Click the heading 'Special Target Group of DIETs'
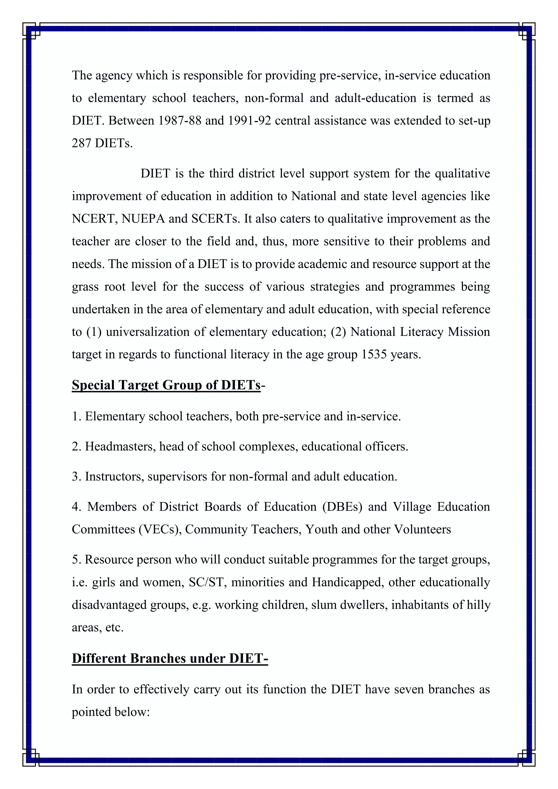click(x=166, y=385)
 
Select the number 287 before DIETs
click(x=81, y=143)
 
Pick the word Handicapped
click(x=348, y=582)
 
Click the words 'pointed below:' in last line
click(x=111, y=712)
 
